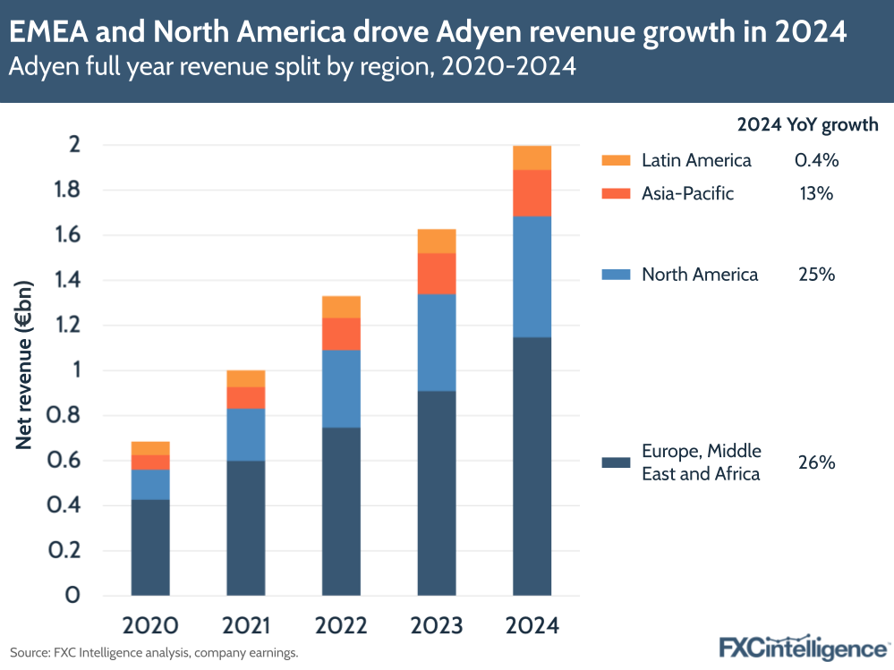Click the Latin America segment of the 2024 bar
click(x=532, y=157)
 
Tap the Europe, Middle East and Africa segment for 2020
click(x=150, y=547)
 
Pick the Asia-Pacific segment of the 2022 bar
click(x=341, y=334)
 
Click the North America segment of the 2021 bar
click(x=245, y=435)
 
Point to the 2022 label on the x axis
click(x=341, y=624)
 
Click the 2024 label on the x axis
click(x=532, y=624)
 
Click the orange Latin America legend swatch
click(x=616, y=161)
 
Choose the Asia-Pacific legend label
click(x=687, y=193)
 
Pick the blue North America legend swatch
click(x=616, y=275)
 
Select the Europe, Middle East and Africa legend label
click(x=701, y=462)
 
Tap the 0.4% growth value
click(x=816, y=161)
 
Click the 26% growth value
click(x=816, y=462)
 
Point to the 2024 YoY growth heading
click(x=807, y=125)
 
